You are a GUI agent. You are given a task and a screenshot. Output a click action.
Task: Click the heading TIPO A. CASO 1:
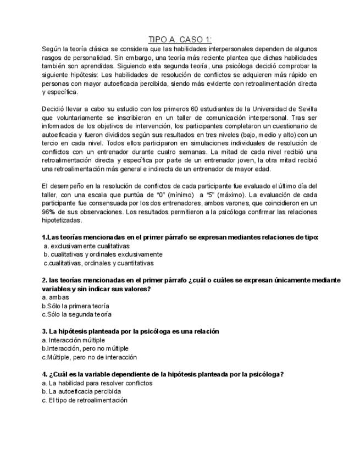coord(180,39)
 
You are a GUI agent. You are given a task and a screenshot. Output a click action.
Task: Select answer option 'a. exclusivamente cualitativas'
coord(86,246)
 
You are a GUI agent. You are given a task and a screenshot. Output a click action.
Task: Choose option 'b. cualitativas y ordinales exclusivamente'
coord(103,254)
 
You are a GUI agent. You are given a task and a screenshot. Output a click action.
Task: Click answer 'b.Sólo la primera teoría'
coord(75,306)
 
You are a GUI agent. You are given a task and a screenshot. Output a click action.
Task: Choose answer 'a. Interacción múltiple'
coord(73,340)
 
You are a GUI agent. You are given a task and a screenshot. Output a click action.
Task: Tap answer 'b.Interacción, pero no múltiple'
coord(85,348)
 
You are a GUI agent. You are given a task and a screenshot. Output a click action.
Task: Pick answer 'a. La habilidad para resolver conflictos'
coord(97,383)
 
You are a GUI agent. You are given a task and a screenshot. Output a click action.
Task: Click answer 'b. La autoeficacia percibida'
coord(81,392)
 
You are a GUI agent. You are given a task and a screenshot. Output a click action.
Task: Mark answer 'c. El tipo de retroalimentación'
coord(85,400)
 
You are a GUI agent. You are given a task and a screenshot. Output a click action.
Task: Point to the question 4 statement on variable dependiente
coord(163,374)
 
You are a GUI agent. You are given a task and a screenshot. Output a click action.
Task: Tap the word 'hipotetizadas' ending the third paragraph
coord(62,220)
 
